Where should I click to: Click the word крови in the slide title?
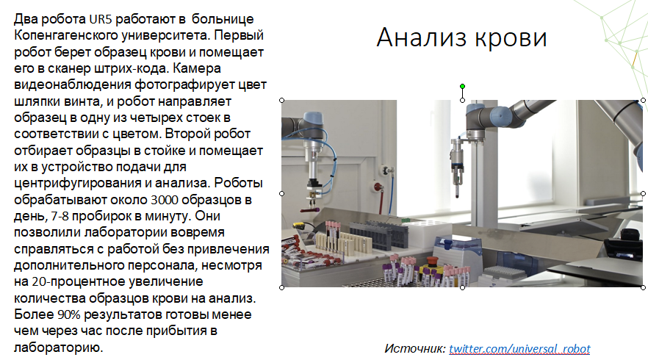tap(511, 38)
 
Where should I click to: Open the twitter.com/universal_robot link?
tap(519, 349)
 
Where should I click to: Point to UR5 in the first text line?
tap(101, 19)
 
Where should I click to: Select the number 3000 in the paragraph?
tap(165, 200)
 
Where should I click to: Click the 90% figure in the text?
tap(68, 314)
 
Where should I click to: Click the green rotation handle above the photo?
tap(462, 87)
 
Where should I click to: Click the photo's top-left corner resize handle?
tap(282, 101)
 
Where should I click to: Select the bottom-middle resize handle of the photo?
tap(462, 287)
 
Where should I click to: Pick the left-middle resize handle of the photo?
tap(282, 193)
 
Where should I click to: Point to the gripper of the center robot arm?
tap(457, 176)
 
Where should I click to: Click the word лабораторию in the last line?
tap(58, 348)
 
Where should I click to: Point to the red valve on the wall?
tap(377, 187)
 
